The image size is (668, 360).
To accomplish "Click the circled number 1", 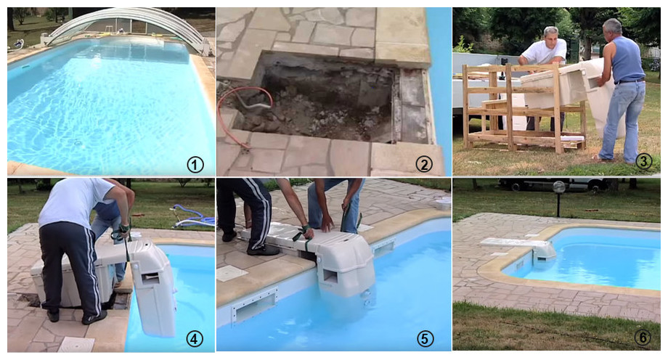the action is click(x=195, y=165).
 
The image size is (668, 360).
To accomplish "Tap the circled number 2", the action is click(x=423, y=164).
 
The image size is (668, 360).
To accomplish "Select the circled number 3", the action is click(x=643, y=160).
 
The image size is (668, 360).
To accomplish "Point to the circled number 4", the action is click(x=195, y=339).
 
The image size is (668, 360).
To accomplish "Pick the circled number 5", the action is click(x=424, y=339).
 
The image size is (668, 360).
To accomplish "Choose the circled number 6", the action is click(x=642, y=337).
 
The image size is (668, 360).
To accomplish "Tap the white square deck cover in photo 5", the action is click(x=232, y=273).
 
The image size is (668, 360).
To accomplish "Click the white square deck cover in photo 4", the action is click(x=76, y=344).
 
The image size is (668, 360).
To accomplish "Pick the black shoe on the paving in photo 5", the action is click(x=262, y=250).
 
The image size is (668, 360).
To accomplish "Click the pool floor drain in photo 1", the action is click(x=78, y=142).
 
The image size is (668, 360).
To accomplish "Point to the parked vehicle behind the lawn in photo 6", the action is click(x=553, y=184).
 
